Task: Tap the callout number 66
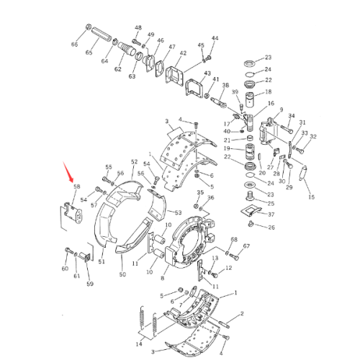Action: tap(73, 45)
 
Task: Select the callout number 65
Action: tap(90, 53)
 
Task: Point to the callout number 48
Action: tap(138, 27)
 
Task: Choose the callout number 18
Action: tap(269, 92)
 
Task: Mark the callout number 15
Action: tap(312, 197)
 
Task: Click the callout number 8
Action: tap(163, 276)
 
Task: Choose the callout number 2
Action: tap(243, 314)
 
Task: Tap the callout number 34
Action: tap(291, 115)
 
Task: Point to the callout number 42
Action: tap(183, 53)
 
